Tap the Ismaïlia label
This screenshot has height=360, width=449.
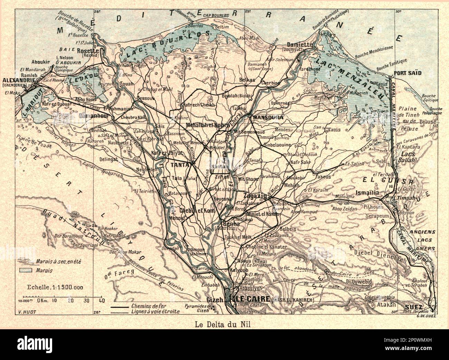coord(366,192)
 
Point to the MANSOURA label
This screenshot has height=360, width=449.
coord(268,118)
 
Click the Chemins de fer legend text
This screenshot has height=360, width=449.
coord(145,306)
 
